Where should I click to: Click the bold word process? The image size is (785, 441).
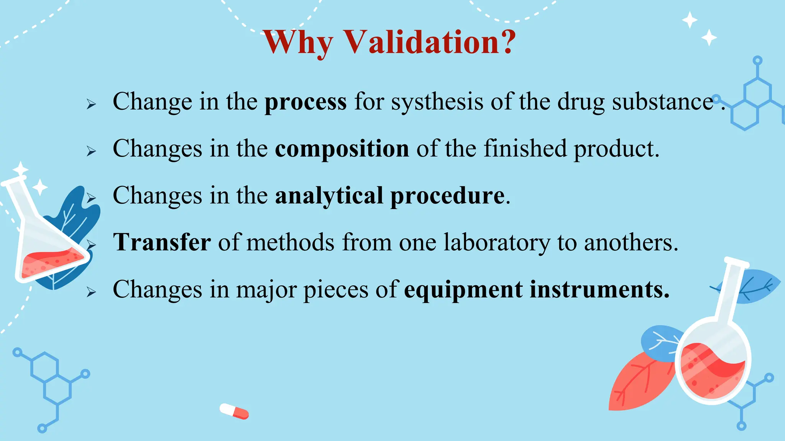[305, 102]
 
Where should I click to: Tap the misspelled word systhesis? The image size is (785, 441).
[437, 102]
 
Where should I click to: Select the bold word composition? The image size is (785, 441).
[342, 149]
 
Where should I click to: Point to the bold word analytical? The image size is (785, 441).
[329, 196]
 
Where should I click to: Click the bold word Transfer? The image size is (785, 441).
[162, 243]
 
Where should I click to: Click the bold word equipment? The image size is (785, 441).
[463, 290]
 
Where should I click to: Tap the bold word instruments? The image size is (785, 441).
[599, 290]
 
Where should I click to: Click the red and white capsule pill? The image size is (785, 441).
[234, 411]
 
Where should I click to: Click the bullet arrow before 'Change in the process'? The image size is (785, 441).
[91, 104]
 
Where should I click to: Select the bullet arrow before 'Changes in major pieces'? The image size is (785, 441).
[91, 292]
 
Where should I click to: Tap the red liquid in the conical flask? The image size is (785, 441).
[50, 263]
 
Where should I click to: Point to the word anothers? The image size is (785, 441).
[631, 243]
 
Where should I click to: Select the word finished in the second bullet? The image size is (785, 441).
[525, 149]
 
